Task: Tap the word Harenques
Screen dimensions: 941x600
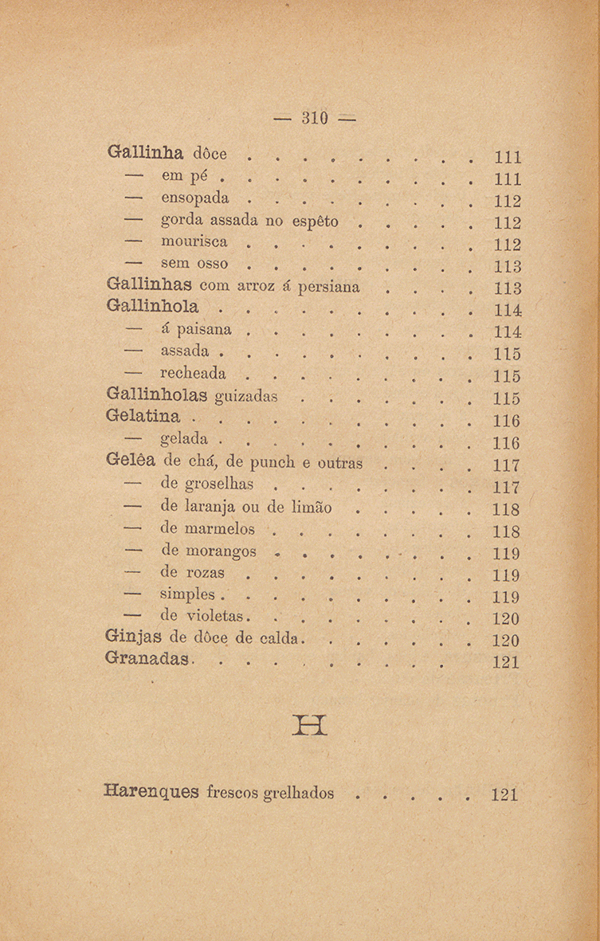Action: coord(151,794)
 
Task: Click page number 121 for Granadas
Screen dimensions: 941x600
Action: coord(506,661)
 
